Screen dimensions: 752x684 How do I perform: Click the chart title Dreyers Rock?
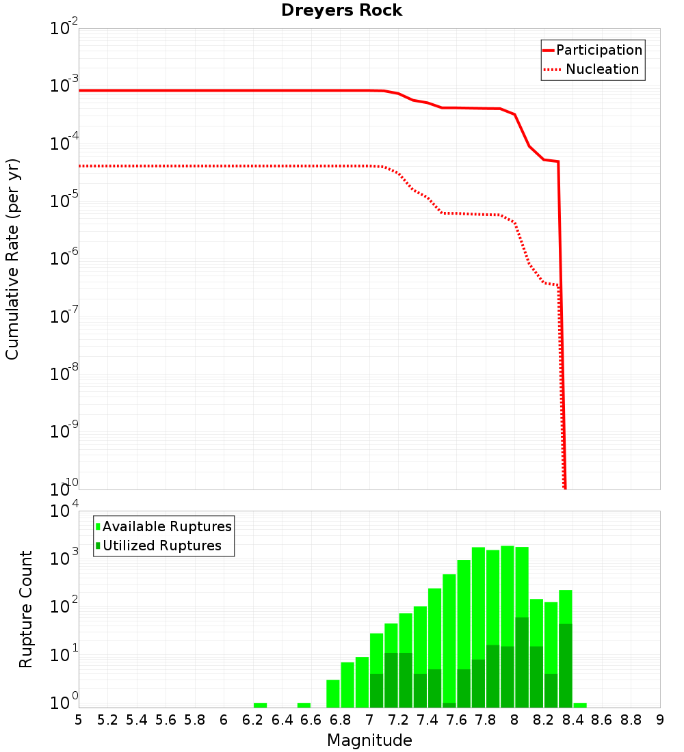click(341, 10)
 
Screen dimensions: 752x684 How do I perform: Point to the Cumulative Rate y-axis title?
click(12, 259)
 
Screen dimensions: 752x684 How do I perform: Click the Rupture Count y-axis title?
click(26, 609)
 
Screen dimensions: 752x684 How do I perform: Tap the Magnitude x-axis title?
click(369, 740)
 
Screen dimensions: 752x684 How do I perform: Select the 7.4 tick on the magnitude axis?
click(428, 720)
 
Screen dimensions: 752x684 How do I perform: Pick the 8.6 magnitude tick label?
click(602, 720)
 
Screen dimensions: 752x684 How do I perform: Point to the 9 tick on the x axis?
click(660, 720)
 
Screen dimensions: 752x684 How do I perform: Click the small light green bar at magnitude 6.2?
click(260, 705)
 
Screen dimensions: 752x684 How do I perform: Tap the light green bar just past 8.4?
click(580, 705)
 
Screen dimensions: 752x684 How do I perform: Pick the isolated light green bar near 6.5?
click(304, 705)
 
